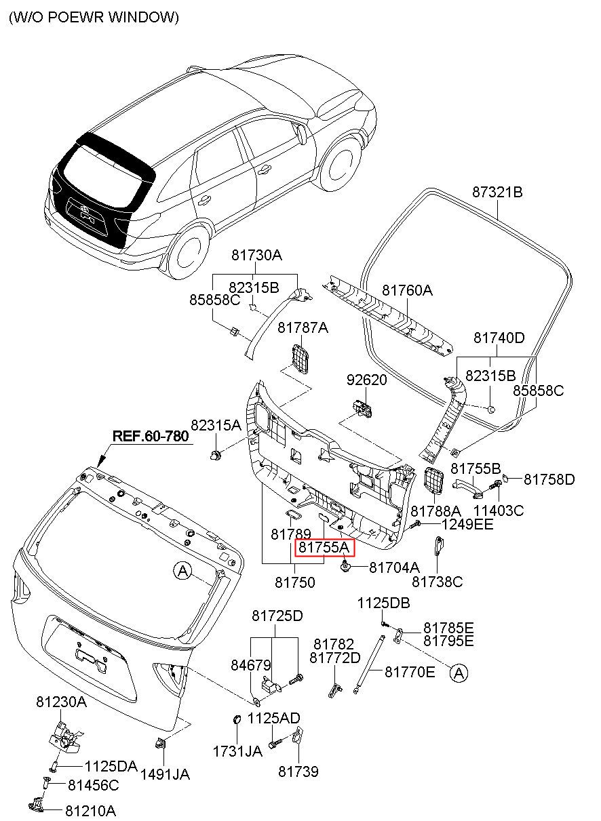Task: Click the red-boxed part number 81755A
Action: [324, 548]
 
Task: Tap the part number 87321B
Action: [497, 192]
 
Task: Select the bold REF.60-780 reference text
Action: [151, 437]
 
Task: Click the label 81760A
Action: [407, 290]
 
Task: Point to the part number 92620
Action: [367, 380]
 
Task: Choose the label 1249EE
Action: [467, 525]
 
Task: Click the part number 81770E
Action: [410, 672]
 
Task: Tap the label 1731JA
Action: [237, 751]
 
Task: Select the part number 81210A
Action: [91, 811]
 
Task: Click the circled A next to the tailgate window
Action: [182, 572]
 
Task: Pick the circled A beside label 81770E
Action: [459, 673]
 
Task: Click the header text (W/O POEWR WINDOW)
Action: [94, 17]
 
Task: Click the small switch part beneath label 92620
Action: [363, 408]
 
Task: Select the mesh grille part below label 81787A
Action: [300, 359]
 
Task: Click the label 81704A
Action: [394, 567]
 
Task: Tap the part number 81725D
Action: [277, 616]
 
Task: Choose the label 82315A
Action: [216, 425]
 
